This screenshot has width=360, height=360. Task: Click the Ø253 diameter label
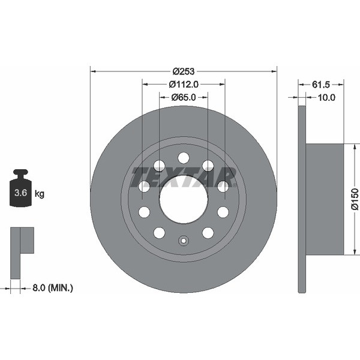[x=184, y=71]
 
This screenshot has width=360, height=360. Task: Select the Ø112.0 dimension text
[x=184, y=85]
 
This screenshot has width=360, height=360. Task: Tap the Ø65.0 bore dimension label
[x=184, y=98]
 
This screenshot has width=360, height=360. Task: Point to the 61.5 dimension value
[x=321, y=85]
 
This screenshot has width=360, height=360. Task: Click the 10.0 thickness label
[x=326, y=98]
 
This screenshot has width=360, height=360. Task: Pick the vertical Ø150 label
[x=355, y=199]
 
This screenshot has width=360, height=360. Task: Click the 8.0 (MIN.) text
[x=53, y=287]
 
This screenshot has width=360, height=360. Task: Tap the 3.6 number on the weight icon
[x=20, y=193]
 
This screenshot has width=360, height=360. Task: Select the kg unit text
[x=39, y=194]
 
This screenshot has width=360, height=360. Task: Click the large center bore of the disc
[x=184, y=199]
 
